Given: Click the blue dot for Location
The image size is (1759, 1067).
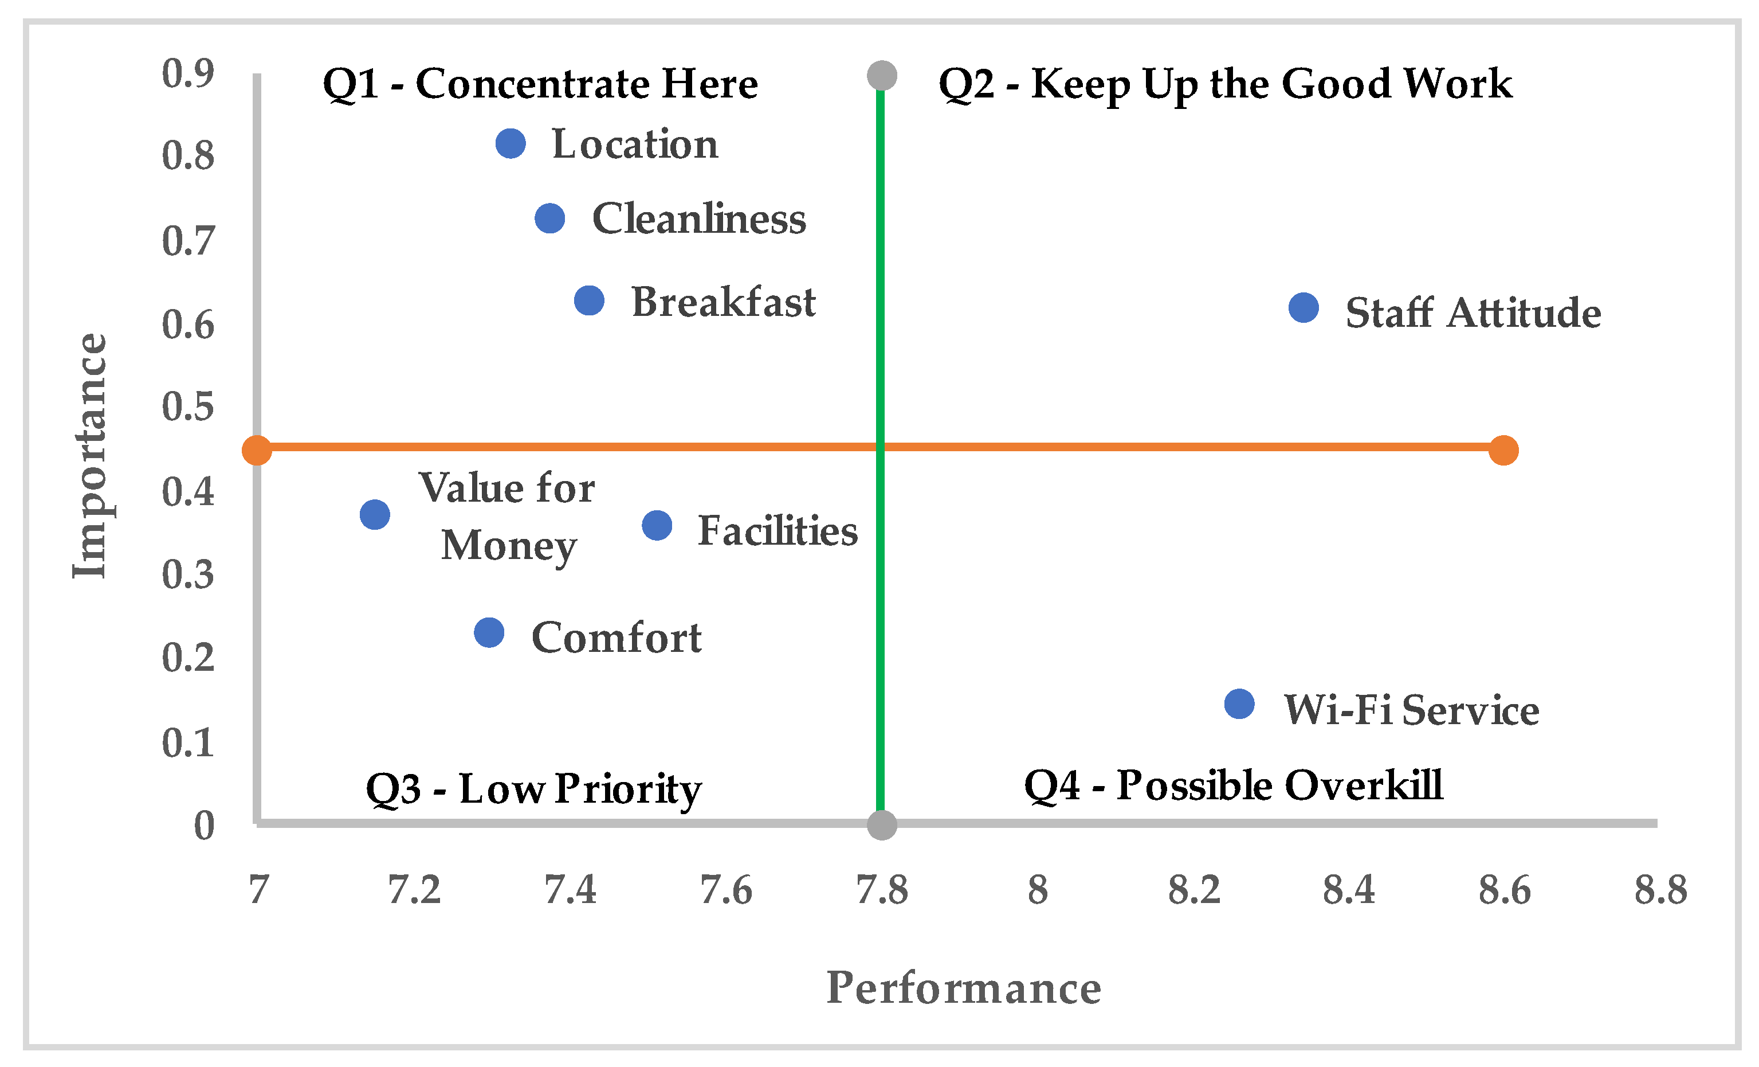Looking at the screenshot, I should [511, 143].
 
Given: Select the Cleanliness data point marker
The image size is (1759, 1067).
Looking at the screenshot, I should [549, 218].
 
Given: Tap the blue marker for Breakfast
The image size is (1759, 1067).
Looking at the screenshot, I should [589, 300].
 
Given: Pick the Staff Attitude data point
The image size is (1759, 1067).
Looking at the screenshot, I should [1303, 308].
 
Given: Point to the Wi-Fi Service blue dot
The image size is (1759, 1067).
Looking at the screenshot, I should [1239, 704].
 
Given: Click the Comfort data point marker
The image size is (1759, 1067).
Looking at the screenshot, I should [489, 633].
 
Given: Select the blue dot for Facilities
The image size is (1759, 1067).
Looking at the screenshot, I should [657, 526].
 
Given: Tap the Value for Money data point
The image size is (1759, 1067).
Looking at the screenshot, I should [375, 514].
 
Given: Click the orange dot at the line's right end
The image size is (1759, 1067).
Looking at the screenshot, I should [1503, 450].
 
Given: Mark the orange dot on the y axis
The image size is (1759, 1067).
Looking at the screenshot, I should [256, 450].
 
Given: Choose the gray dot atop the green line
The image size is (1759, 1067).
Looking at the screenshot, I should [882, 75].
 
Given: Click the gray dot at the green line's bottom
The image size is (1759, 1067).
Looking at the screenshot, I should [882, 826].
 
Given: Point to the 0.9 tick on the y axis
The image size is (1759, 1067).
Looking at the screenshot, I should [188, 73].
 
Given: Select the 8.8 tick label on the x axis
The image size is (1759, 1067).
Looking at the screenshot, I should [1660, 890].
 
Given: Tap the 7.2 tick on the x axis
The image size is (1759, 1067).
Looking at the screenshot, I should [414, 890].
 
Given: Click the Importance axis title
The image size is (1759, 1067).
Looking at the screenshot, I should [91, 456].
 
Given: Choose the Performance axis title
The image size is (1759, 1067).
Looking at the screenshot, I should [963, 988].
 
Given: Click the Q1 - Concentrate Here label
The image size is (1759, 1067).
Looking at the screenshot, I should [540, 84].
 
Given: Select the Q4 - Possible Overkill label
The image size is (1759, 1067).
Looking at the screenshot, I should [1233, 785].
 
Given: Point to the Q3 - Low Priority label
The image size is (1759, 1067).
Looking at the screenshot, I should [533, 789].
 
